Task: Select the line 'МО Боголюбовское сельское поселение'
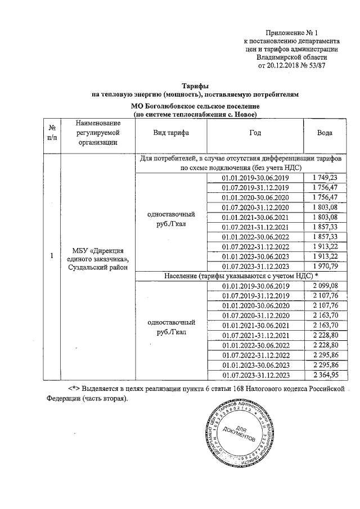point(195,106)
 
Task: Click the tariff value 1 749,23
point(324,177)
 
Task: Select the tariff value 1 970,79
point(324,266)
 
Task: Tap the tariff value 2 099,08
point(324,286)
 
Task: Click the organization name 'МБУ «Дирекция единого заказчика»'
point(98,254)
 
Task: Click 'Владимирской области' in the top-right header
point(291,57)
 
